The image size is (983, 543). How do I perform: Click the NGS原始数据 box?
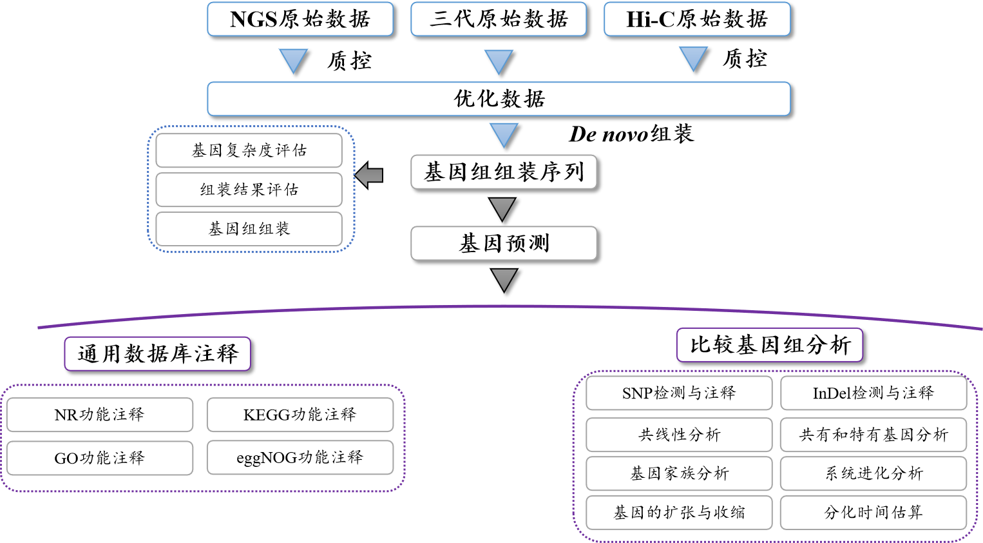tap(300, 19)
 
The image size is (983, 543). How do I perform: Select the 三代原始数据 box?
tap(499, 19)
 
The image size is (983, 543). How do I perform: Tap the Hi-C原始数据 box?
tap(697, 19)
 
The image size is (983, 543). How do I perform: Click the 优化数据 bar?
tap(499, 99)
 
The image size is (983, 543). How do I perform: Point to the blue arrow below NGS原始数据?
tap(294, 60)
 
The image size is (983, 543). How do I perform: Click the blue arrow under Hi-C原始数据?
tap(693, 59)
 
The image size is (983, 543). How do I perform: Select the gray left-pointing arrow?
tap(369, 175)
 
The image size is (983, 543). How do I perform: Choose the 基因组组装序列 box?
tap(504, 172)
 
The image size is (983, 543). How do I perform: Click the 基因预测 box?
tap(504, 243)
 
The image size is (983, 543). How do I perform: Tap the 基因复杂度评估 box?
tap(249, 150)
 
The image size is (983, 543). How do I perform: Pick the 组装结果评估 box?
tap(249, 190)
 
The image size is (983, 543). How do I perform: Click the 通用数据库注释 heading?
tap(157, 353)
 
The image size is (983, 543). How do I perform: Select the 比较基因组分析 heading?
tap(769, 345)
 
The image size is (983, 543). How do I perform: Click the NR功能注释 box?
tap(100, 415)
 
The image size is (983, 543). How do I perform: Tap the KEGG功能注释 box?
tap(300, 415)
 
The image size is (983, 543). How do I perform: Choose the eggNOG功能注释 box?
tap(300, 457)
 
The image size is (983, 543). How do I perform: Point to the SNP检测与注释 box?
tap(679, 393)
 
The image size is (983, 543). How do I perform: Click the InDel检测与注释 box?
tap(873, 393)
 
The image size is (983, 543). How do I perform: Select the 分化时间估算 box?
tap(873, 513)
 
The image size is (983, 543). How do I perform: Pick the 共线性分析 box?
tap(679, 435)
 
